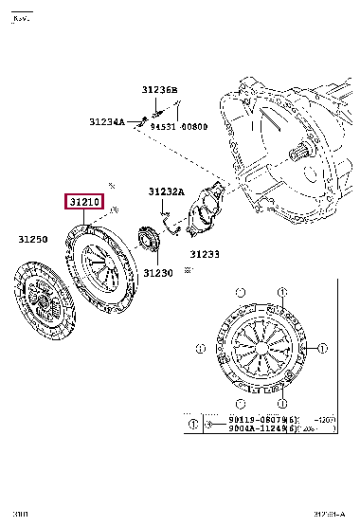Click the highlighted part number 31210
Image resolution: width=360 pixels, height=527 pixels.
point(84,203)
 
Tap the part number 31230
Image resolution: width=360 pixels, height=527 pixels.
point(159,273)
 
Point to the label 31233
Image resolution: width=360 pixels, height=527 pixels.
point(204,254)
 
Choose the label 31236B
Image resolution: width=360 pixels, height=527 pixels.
point(160,90)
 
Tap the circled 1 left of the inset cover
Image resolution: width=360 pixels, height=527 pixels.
point(200,350)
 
